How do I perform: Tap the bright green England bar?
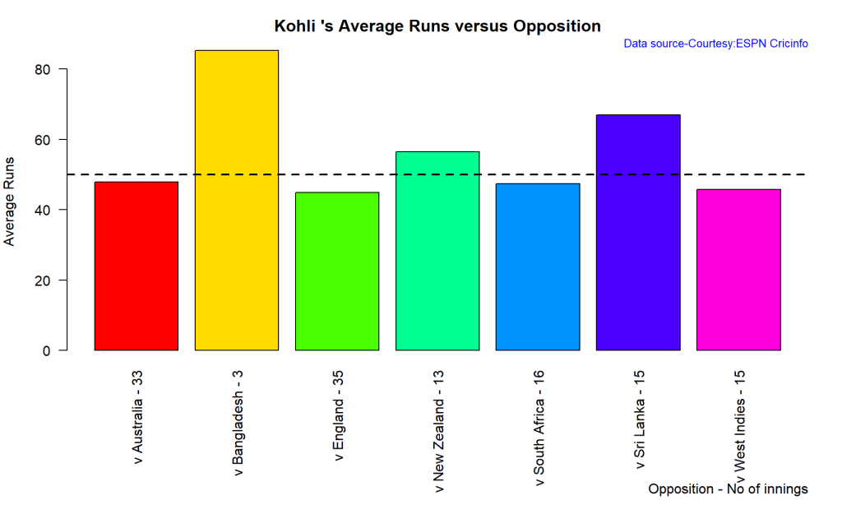coord(337,271)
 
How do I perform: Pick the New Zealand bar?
coord(437,251)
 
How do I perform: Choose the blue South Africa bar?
coord(538,266)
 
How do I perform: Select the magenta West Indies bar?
coord(738,270)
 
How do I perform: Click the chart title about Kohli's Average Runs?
coord(437,26)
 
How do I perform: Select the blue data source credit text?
coord(715,44)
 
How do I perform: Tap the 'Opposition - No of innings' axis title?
coord(728,489)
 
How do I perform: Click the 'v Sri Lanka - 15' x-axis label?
coord(639,419)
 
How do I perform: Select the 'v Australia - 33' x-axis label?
coord(137,419)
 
